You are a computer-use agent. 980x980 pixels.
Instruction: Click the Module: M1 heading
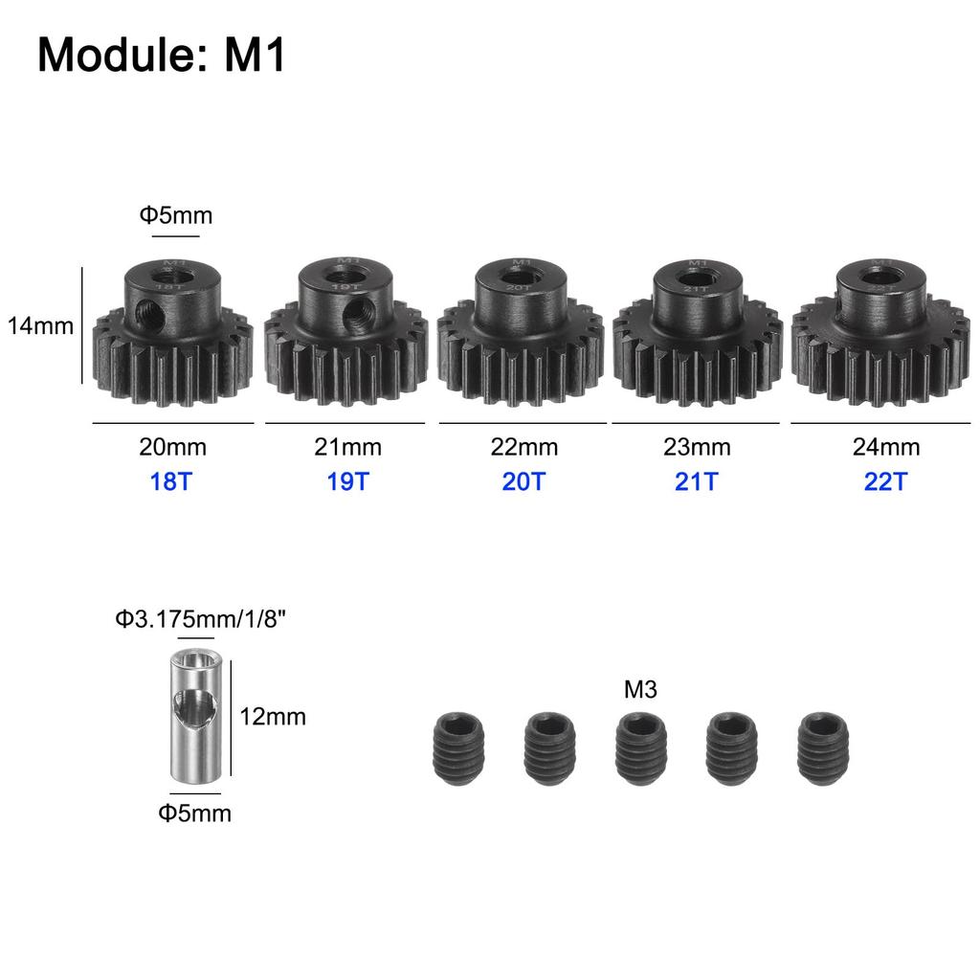point(162,56)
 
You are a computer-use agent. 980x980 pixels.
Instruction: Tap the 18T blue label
point(171,481)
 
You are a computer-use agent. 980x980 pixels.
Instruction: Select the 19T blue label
point(346,481)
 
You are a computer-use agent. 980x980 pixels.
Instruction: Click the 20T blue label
point(523,481)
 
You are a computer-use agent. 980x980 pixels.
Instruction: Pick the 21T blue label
point(696,481)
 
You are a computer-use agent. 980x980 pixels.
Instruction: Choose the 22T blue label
point(884,481)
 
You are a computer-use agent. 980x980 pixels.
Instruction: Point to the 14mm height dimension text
point(40,325)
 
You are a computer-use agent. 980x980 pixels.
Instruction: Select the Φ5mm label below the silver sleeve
point(195,813)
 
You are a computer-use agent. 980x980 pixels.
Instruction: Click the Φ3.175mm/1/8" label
point(202,619)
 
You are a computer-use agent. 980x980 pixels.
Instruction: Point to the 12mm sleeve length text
point(273,716)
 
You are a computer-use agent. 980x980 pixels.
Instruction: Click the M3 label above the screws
point(640,689)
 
